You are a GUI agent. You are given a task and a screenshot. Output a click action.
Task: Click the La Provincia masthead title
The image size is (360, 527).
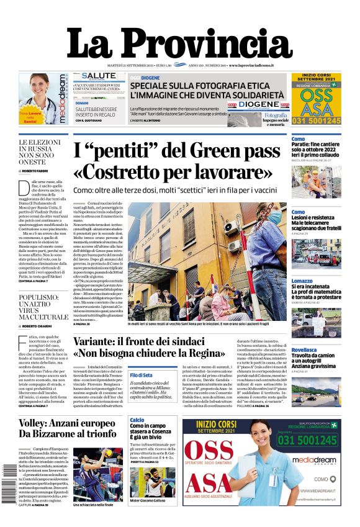point(179,43)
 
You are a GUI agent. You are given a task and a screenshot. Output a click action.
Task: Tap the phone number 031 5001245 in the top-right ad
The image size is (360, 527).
point(317,121)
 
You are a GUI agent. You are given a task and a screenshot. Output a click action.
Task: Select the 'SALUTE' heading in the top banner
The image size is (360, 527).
point(99,76)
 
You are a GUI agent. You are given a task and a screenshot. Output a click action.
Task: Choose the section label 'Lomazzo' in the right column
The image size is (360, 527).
point(302,281)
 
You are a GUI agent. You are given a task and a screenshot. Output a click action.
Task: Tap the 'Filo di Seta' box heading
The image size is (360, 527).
point(141,375)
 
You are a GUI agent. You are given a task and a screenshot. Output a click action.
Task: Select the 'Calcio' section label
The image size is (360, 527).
point(137,420)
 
